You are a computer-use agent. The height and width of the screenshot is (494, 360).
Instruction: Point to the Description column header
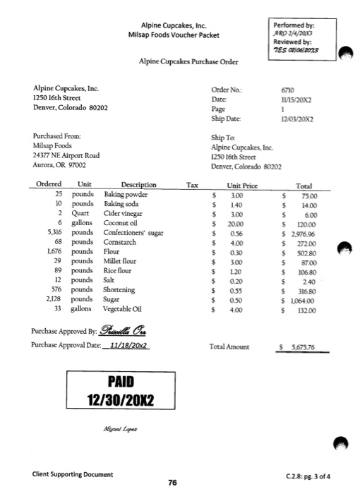click(138, 184)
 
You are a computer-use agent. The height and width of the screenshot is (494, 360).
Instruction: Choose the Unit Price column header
click(232, 184)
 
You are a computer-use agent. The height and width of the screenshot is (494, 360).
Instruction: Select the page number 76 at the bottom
click(172, 483)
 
